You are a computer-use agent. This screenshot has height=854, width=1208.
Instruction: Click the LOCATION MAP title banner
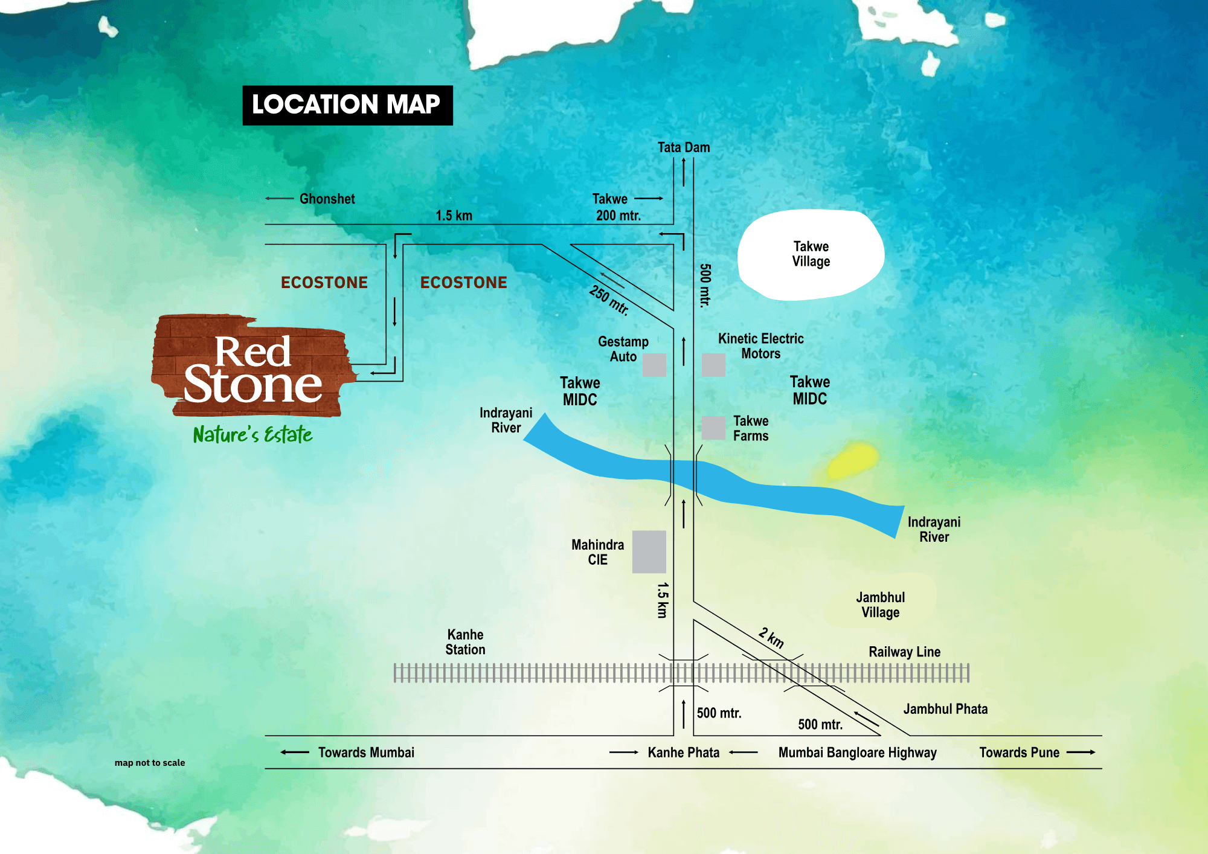tap(347, 105)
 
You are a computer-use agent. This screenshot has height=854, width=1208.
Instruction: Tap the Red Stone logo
tap(252, 367)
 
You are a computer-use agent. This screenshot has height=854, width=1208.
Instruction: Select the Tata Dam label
tap(684, 147)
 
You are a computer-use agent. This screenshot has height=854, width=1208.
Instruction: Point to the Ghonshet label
tap(327, 199)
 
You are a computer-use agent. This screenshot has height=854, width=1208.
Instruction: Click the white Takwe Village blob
tap(811, 254)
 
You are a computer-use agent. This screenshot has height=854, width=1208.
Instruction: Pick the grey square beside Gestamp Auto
tap(654, 365)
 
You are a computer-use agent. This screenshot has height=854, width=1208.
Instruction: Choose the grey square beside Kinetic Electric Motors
tap(713, 365)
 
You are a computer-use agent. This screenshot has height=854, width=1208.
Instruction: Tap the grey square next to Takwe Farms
tap(713, 428)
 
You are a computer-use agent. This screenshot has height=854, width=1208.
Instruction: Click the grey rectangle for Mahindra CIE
tap(649, 551)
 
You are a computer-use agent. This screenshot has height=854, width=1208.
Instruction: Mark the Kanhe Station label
tap(465, 642)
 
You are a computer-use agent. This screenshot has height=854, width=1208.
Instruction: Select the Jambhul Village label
tap(881, 605)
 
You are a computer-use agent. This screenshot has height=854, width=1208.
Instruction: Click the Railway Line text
tap(904, 652)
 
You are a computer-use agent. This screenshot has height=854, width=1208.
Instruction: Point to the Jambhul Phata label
tap(945, 709)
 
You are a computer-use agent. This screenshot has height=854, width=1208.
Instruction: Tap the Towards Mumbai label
tap(366, 753)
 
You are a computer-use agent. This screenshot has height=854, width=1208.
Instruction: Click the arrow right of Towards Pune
tap(1081, 752)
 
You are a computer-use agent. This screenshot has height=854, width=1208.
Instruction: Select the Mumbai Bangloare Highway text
tap(857, 753)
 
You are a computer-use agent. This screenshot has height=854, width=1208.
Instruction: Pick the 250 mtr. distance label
tap(609, 300)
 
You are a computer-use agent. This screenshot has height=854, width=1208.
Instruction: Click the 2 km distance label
tap(771, 638)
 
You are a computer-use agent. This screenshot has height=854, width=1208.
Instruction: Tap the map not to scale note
tap(150, 763)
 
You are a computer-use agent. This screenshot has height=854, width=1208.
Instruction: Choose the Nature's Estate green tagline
tap(252, 434)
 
